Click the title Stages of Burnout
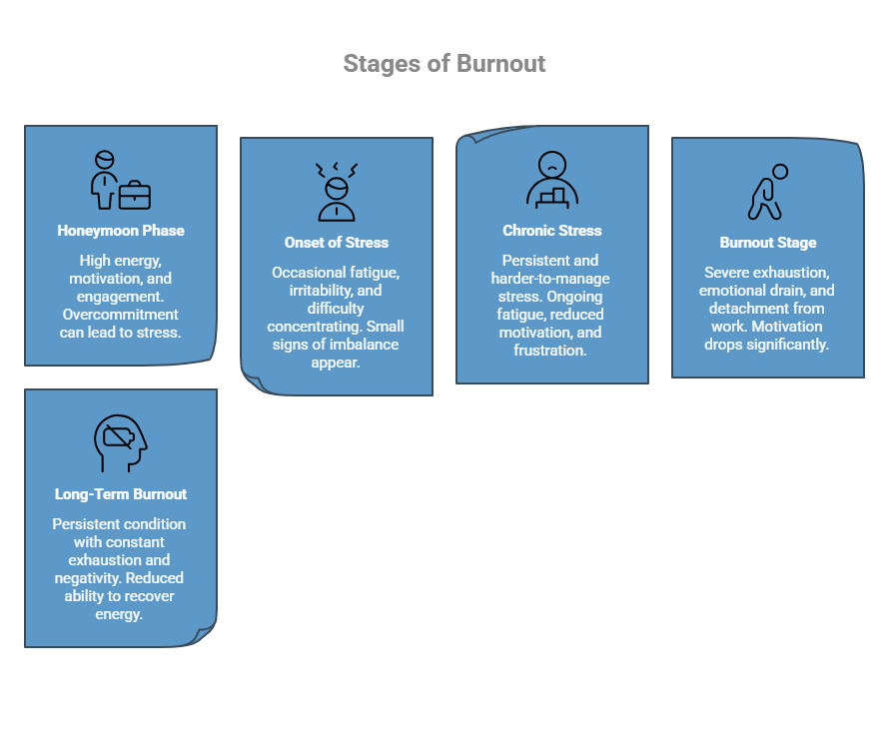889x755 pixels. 444,64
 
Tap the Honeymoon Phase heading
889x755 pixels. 121,231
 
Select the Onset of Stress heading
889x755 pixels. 337,243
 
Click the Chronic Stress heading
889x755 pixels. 552,231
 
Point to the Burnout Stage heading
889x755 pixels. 768,243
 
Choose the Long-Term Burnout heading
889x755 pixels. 121,494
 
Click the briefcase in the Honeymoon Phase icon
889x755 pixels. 135,195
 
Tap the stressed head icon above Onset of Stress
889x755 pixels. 337,191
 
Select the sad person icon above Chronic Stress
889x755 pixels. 552,179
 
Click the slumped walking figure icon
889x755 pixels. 766,191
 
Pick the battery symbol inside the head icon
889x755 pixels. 119,436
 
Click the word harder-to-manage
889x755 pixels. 550,278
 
